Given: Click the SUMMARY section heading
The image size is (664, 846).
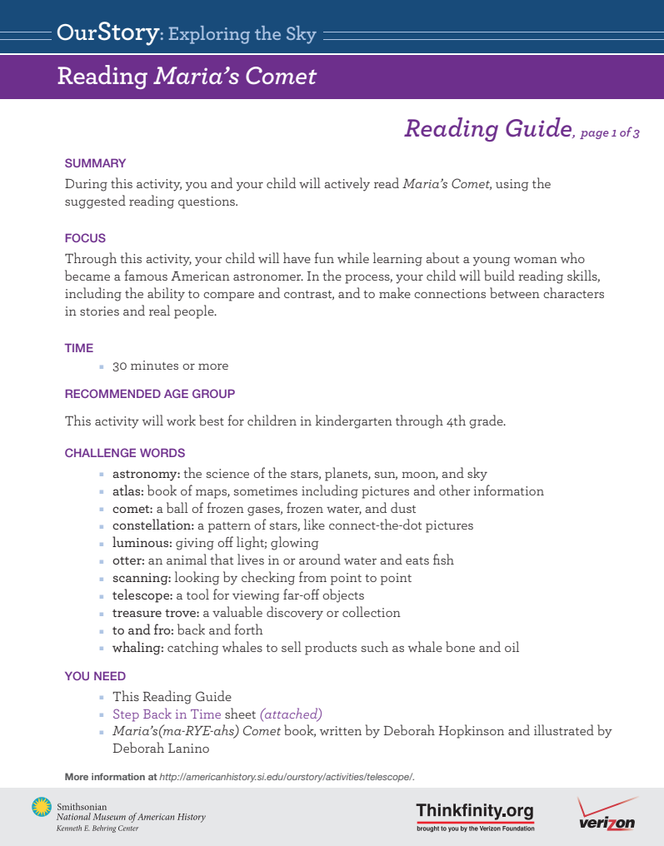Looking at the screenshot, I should click(95, 163).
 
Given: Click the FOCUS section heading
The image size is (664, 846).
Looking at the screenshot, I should click(85, 238).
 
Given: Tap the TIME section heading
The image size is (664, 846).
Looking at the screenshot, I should click(79, 348).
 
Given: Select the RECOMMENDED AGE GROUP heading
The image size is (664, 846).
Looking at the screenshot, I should click(150, 393).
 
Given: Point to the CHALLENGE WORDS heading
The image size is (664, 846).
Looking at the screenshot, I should click(125, 453).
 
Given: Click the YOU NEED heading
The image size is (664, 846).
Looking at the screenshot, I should click(95, 676).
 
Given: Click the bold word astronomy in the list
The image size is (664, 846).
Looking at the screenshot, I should click(146, 474).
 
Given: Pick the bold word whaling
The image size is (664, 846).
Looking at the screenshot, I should click(137, 647).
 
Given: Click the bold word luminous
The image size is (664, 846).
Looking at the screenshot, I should click(142, 543).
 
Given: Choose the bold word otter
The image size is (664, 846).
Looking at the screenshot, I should click(129, 560).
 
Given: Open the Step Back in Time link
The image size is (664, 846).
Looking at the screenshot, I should click(167, 714).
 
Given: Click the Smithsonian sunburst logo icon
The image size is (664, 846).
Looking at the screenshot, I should click(41, 806).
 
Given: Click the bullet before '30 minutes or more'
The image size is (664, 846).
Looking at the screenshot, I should click(102, 366).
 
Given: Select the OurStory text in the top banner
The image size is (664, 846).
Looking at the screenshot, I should click(107, 33).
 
